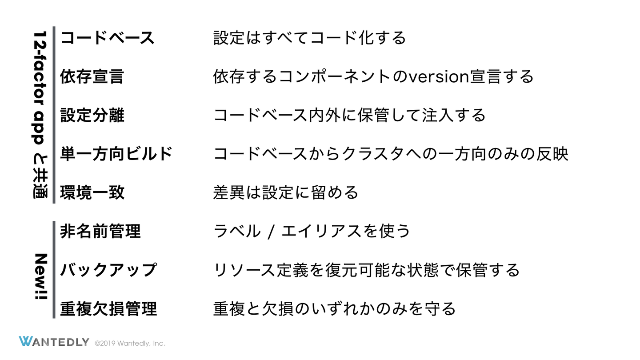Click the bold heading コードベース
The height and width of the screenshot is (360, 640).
click(x=107, y=38)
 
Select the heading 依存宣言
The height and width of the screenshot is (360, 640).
click(x=92, y=77)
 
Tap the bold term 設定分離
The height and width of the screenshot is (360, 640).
click(x=92, y=116)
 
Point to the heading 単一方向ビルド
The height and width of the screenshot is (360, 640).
click(x=116, y=154)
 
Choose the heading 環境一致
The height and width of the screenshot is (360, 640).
click(x=92, y=193)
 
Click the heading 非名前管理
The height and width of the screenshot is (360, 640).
click(x=100, y=232)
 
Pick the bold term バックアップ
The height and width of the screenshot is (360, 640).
click(x=108, y=270)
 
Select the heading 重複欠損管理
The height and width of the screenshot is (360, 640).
click(x=108, y=308)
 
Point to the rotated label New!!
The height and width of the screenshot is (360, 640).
click(x=41, y=276)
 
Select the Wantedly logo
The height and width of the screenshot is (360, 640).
click(x=54, y=342)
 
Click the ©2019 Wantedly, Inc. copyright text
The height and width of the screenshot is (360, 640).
click(x=130, y=343)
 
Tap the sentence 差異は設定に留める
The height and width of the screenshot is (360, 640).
click(x=285, y=193)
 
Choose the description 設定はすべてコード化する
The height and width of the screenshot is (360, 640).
click(x=309, y=38)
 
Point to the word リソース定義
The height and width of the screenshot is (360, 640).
click(x=260, y=270)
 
